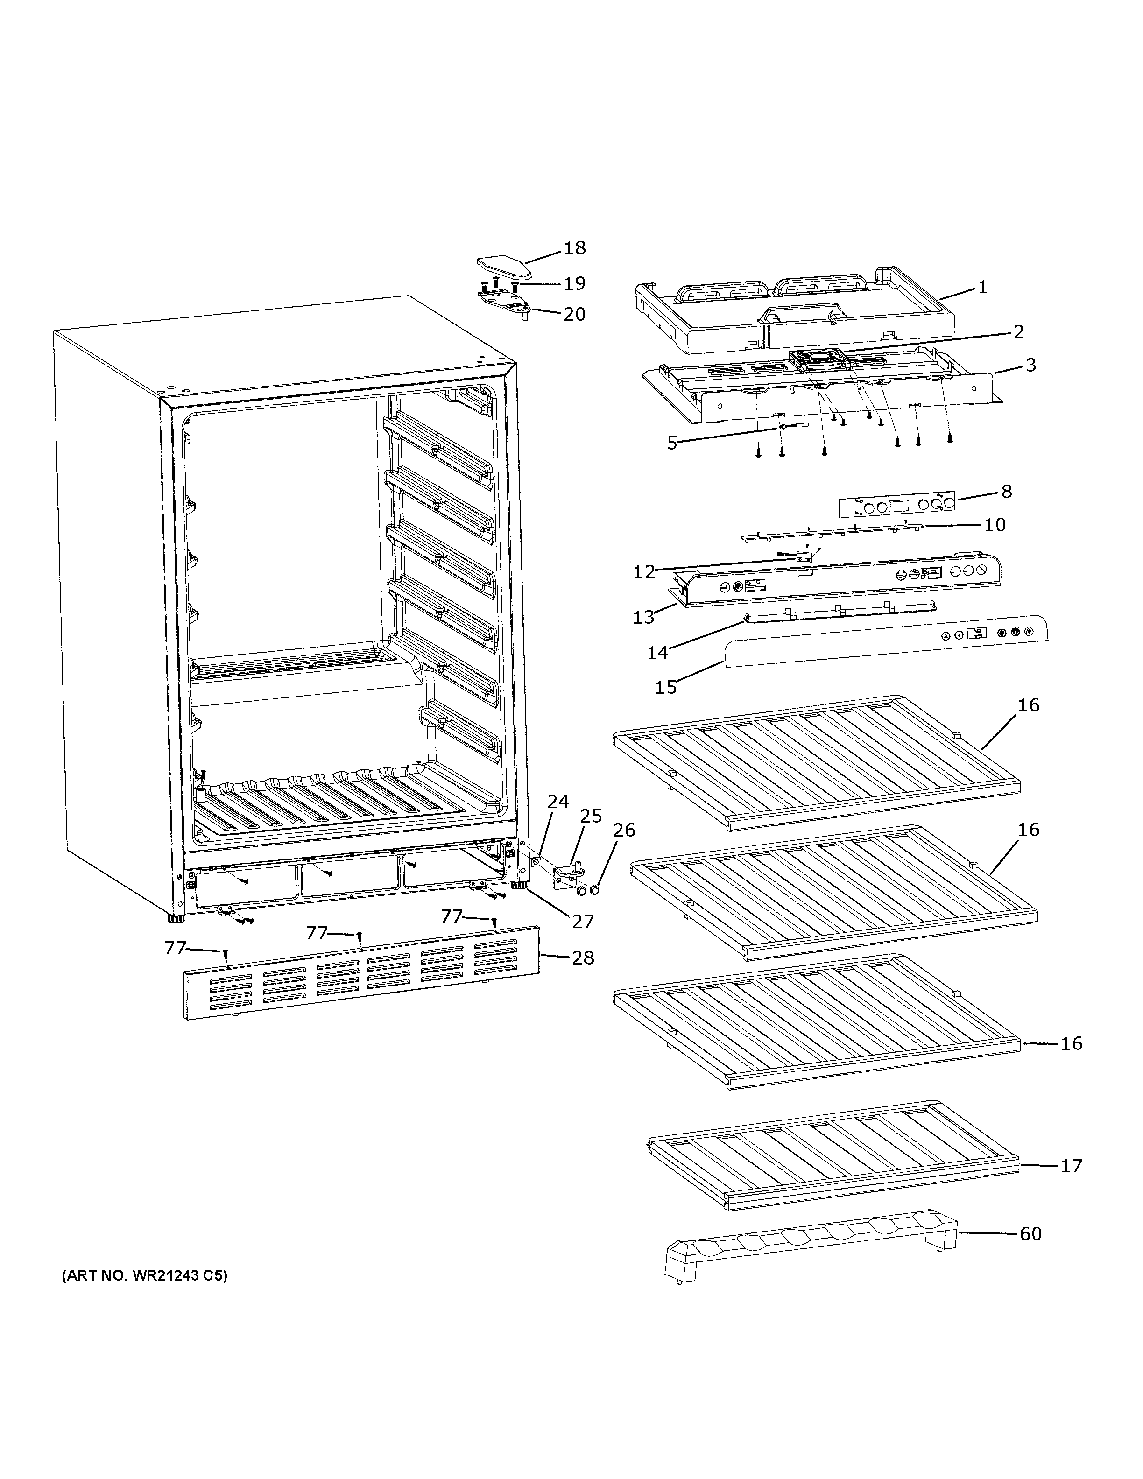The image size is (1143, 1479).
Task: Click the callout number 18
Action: [x=574, y=248]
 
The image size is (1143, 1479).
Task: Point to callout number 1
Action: [x=982, y=287]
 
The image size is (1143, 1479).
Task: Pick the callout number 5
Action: [x=672, y=444]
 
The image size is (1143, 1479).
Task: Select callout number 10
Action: [x=995, y=524]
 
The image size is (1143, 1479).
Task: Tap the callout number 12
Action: [x=644, y=572]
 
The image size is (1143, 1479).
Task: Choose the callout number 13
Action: [x=643, y=617]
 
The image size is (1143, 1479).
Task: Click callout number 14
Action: [x=657, y=653]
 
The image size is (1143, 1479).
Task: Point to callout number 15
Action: [x=666, y=687]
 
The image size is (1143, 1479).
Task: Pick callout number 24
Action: [x=558, y=803]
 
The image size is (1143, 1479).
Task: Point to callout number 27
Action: [x=583, y=921]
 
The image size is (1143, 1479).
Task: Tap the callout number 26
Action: [x=624, y=830]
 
